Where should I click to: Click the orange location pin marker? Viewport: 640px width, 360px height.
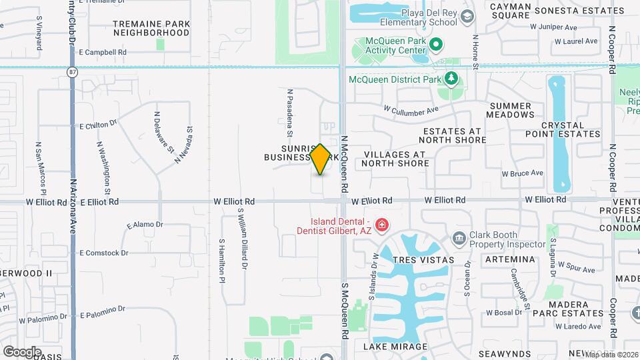tap(320, 159)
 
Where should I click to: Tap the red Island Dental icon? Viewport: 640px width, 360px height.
tap(381, 226)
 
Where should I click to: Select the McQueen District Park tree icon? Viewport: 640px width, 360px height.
tap(451, 79)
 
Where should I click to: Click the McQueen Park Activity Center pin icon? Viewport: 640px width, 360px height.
tap(436, 45)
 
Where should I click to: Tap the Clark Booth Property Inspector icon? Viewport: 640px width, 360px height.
tap(459, 238)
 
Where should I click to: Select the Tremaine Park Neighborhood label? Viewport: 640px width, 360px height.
tap(151, 27)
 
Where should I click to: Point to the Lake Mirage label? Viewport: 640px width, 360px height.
tap(395, 347)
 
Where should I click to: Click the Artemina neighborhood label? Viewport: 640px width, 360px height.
tap(511, 259)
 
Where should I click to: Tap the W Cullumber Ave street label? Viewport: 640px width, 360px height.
tap(411, 109)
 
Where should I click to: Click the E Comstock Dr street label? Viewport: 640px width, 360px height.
tap(103, 253)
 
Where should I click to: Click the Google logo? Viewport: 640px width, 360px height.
tap(22, 351)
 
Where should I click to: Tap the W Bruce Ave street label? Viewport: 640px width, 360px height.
tap(523, 173)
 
